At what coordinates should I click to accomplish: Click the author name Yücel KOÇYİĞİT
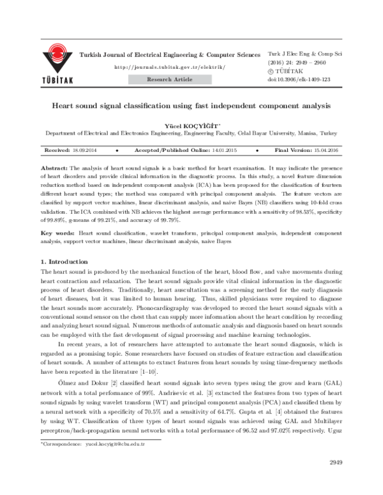coord(190,126)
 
